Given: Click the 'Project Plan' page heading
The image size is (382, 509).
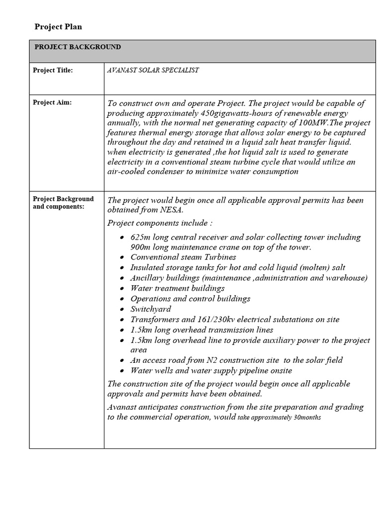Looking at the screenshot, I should (x=58, y=27).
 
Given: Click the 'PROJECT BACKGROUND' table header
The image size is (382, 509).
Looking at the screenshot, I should (x=78, y=47).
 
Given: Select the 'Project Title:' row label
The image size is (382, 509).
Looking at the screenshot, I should (x=53, y=71).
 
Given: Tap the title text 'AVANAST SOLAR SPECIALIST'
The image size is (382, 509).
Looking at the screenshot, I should (x=153, y=71).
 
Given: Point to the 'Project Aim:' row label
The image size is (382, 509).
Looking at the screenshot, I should (x=52, y=102).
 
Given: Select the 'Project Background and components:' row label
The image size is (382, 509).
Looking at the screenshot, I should (x=63, y=203).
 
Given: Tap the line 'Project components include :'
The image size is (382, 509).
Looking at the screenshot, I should (x=160, y=223).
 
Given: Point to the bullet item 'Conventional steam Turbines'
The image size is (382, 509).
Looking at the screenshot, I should (x=183, y=257).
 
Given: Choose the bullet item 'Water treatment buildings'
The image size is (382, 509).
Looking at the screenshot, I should (x=178, y=288).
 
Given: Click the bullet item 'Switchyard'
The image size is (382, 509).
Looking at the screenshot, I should (x=151, y=309).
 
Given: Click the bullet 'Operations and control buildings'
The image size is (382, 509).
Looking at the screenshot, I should (x=191, y=299).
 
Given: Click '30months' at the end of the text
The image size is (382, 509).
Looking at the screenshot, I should (x=307, y=418).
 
